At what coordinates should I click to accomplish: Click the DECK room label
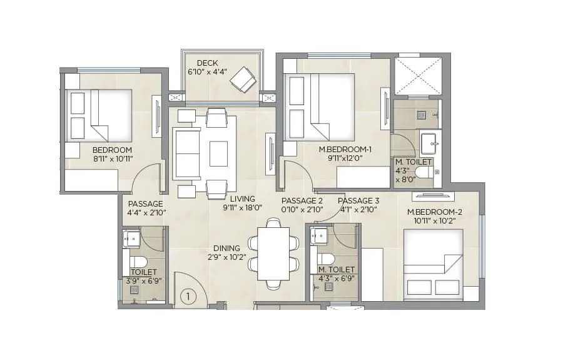[207, 63]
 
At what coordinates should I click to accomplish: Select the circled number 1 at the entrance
[187, 296]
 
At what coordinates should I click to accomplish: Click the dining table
[273, 254]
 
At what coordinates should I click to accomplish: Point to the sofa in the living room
[186, 153]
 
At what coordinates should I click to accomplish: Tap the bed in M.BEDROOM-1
[319, 106]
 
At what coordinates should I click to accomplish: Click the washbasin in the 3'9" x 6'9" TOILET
[131, 239]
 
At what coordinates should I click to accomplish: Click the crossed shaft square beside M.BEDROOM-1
[418, 76]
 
